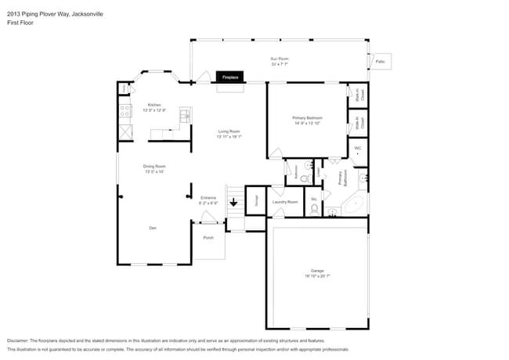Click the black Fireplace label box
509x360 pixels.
(230, 77)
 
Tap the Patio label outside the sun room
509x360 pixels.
(380, 61)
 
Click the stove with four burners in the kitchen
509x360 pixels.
(125, 112)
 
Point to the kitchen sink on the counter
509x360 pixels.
(186, 115)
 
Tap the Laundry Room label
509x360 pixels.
(285, 202)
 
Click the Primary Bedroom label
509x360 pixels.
(308, 118)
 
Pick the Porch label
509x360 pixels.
(208, 237)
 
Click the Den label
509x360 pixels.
(153, 228)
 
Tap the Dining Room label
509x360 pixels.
(154, 166)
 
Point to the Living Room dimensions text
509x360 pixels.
(229, 136)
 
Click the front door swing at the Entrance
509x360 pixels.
(208, 216)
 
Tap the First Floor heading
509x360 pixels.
(20, 23)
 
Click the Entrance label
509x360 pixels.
(208, 197)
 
